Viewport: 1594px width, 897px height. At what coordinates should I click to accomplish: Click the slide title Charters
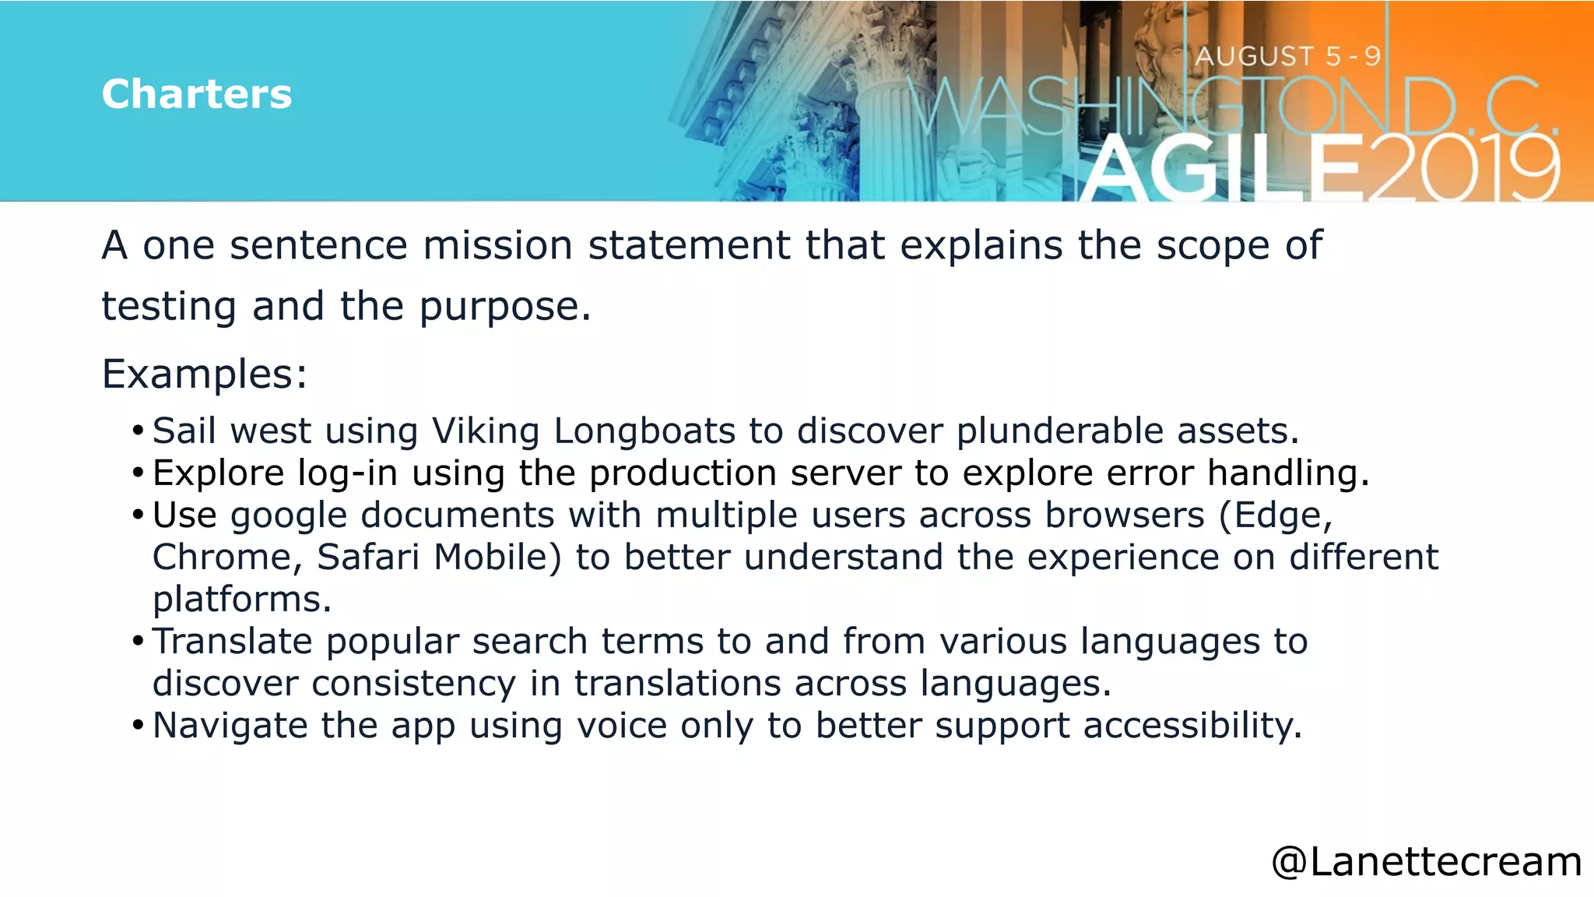coord(196,94)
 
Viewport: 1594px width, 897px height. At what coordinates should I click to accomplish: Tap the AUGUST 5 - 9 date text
coord(1287,56)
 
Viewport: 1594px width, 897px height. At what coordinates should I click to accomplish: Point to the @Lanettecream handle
coord(1426,862)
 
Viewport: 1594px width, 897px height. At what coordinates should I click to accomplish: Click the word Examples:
coord(205,374)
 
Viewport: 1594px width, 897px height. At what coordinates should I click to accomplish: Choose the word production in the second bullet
coord(683,473)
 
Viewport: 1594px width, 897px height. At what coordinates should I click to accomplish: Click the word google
coord(289,515)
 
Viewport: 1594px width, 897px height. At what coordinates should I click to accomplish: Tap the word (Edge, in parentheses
coord(1276,515)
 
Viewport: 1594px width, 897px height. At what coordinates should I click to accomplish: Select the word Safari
coord(368,558)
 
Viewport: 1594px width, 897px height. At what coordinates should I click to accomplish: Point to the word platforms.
coord(242,600)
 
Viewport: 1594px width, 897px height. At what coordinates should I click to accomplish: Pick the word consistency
coord(413,684)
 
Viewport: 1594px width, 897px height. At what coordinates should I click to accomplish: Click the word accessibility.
coord(1192,726)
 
